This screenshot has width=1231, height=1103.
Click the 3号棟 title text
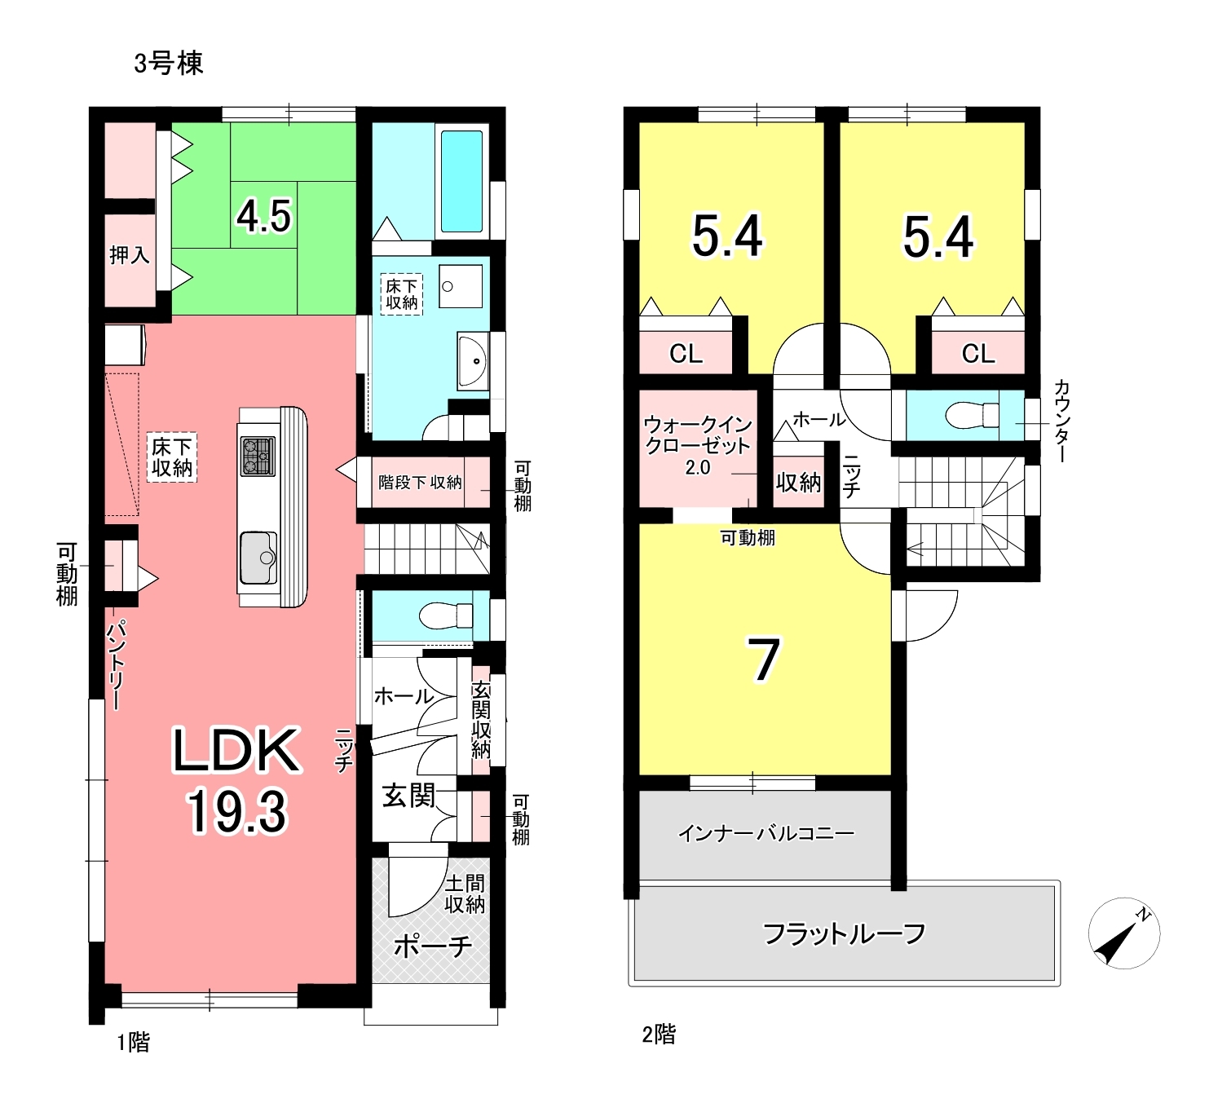tap(168, 64)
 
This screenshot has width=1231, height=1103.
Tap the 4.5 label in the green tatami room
tap(263, 216)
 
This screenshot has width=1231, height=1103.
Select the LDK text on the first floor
tap(237, 750)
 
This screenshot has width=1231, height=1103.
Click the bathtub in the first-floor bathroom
tap(461, 181)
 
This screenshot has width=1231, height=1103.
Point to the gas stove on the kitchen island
tap(258, 456)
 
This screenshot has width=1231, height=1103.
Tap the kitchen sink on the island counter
tap(258, 558)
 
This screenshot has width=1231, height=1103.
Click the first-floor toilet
tap(446, 615)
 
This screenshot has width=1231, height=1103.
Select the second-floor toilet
tap(972, 415)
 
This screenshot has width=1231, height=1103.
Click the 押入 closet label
tap(130, 254)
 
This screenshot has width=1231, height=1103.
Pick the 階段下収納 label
tap(420, 483)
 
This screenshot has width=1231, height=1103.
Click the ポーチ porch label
tap(433, 946)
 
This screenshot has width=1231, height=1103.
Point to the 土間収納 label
tap(465, 894)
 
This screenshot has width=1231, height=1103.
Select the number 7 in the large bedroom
tap(764, 660)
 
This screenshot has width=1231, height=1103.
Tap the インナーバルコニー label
tap(766, 833)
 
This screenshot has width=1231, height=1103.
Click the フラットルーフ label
tap(844, 933)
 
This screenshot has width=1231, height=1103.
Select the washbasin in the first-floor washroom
tap(472, 361)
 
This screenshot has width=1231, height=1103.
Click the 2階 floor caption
tap(659, 1035)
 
